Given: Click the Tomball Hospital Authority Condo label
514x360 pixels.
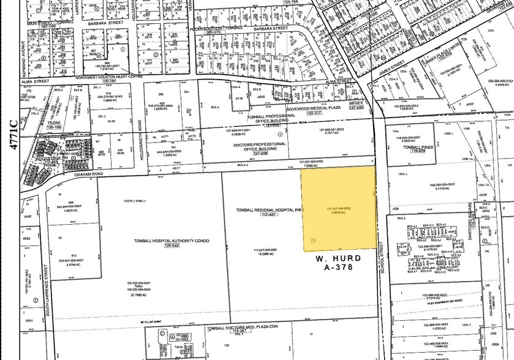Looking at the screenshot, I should [172, 241].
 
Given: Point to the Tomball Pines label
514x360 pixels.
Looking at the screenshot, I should [422, 147].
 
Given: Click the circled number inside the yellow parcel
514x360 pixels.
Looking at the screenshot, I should [313, 240].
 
